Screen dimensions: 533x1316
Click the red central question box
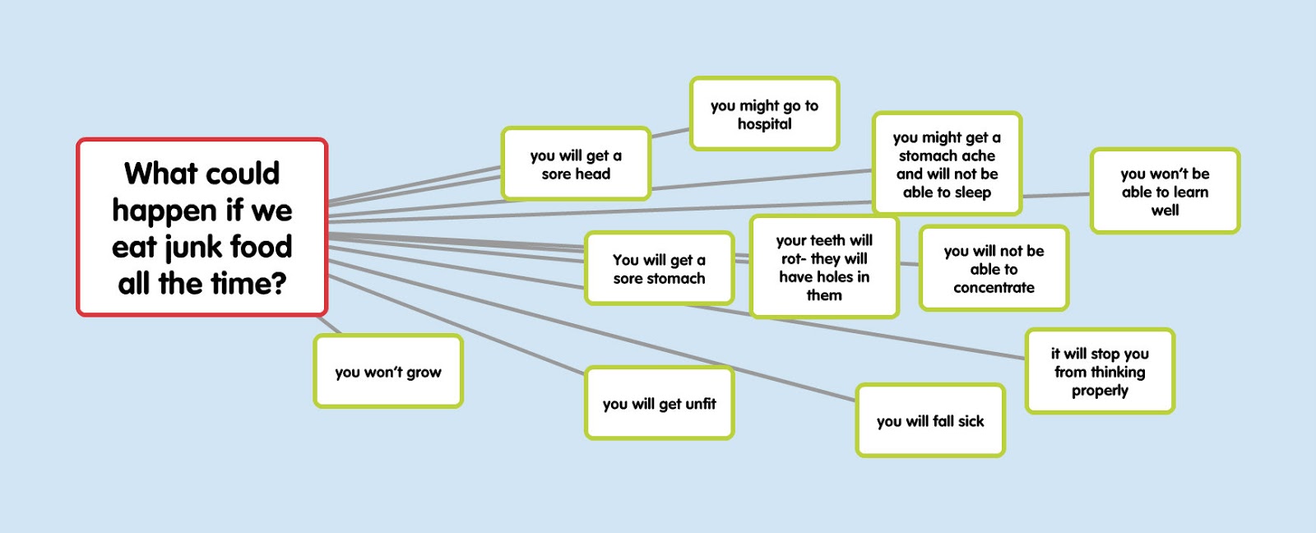(202, 227)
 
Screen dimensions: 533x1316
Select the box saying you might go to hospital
(764, 114)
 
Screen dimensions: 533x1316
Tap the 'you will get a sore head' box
(576, 164)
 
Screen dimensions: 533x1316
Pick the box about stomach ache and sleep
(947, 165)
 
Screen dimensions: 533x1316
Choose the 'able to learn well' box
(1165, 191)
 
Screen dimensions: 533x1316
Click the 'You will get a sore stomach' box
(659, 268)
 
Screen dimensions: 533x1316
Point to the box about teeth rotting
(824, 266)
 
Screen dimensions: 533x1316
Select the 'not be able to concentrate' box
(994, 268)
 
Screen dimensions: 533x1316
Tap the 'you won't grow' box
(388, 372)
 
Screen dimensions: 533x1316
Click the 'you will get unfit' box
(659, 403)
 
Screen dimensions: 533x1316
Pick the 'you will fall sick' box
(930, 420)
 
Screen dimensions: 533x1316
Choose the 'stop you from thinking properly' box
(1100, 371)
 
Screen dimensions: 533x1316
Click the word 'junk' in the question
(179, 247)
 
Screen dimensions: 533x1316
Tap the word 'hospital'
(765, 124)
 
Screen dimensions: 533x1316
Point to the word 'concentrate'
(994, 287)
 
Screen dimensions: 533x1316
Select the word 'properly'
(1100, 390)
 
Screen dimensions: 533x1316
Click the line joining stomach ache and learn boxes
(1056, 195)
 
